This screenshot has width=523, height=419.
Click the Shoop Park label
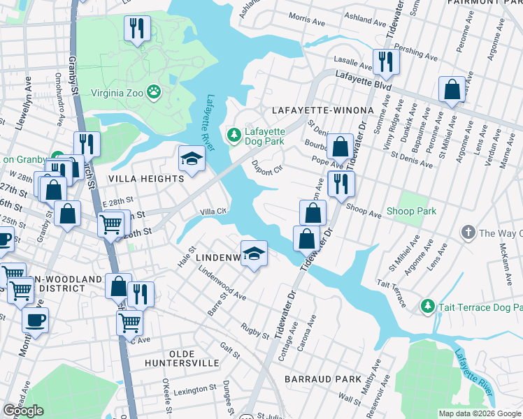[x=411, y=211]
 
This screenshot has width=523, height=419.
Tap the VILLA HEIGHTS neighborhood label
[x=145, y=179]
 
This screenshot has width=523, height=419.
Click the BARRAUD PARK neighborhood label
[x=322, y=378]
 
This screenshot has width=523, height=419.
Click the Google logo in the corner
[x=23, y=411]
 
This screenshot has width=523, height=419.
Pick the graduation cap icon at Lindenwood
[x=255, y=253]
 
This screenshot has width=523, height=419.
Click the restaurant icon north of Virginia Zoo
[x=136, y=29]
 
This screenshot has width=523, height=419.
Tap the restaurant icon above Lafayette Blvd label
[x=385, y=61]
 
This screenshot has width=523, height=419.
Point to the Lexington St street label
[x=194, y=390]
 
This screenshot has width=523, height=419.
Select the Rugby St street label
[x=255, y=331]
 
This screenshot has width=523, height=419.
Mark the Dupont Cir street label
[x=266, y=168]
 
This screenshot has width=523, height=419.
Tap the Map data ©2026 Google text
[x=479, y=413]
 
